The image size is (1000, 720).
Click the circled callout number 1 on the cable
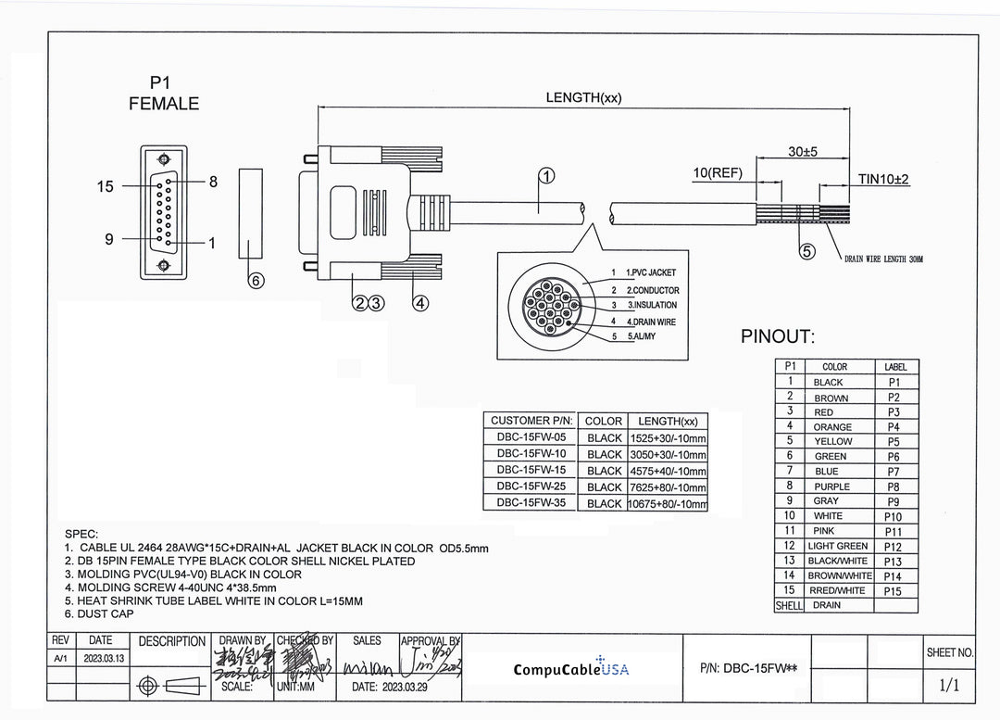[x=547, y=176]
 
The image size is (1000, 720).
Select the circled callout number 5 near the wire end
[x=807, y=251]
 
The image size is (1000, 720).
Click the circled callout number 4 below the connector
[x=419, y=302]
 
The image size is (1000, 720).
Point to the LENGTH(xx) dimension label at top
[x=583, y=98]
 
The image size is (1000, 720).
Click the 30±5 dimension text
[x=802, y=152]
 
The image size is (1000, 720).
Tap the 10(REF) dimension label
[x=718, y=173]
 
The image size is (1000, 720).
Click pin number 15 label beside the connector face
[x=106, y=187]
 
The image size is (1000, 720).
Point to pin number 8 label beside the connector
[x=213, y=183]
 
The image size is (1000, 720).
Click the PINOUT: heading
[x=777, y=337]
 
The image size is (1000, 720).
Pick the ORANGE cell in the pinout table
[x=832, y=427]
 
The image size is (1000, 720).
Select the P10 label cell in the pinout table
[x=894, y=516]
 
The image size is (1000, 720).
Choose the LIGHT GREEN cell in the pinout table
[x=837, y=546]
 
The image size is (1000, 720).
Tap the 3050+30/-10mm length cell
[x=668, y=455]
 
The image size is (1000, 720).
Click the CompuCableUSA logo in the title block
[x=570, y=668]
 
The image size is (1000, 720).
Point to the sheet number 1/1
[x=949, y=686]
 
